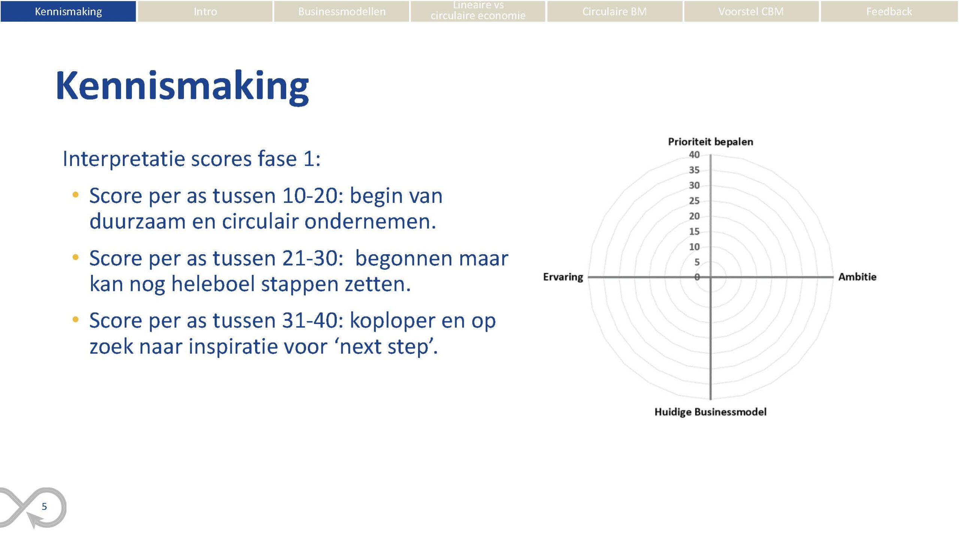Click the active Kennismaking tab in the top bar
pos(68,11)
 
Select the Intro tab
pos(205,11)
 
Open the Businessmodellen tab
pos(342,11)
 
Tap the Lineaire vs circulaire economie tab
pos(478,11)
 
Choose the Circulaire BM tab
pos(614,11)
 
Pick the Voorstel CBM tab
pos(751,11)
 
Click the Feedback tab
pos(889,11)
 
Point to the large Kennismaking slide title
pos(182,87)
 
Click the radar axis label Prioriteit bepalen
pos(710,142)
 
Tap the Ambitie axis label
pos(857,277)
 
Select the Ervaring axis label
pos(563,277)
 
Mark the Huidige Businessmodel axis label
pos(710,412)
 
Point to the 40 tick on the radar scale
pos(694,154)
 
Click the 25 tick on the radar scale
pos(694,201)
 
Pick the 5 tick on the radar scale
pos(697,262)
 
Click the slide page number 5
pos(44,507)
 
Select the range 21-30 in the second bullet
pos(313,258)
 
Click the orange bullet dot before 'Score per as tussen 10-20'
pos(76,195)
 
